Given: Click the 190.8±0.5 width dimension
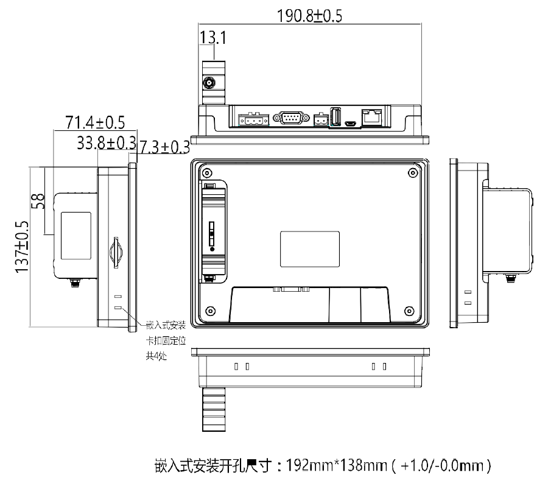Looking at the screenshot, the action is click(x=309, y=16).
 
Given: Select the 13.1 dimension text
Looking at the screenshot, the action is click(x=213, y=37).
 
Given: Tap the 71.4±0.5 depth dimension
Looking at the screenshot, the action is click(x=95, y=122).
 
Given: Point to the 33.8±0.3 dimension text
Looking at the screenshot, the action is click(x=106, y=143).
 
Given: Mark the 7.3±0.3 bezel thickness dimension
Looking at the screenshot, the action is click(x=164, y=147).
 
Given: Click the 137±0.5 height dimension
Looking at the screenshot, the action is click(x=22, y=247).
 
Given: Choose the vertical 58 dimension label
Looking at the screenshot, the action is click(x=38, y=201).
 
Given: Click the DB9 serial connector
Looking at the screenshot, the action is click(x=291, y=118).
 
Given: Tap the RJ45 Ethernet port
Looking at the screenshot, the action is click(x=372, y=117).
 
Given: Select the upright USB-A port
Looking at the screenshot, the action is click(x=335, y=116).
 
